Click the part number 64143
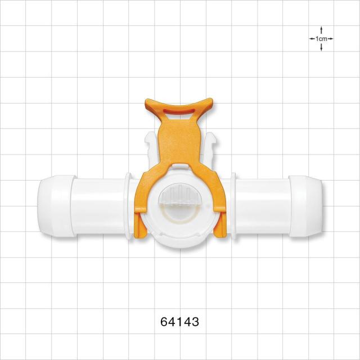pyautogui.click(x=180, y=322)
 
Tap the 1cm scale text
pyautogui.click(x=321, y=39)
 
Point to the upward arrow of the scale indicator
pyautogui.click(x=321, y=30)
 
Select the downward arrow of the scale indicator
pyautogui.click(x=321, y=47)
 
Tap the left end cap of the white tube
pyautogui.click(x=56, y=206)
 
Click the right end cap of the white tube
pyautogui.click(x=305, y=206)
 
